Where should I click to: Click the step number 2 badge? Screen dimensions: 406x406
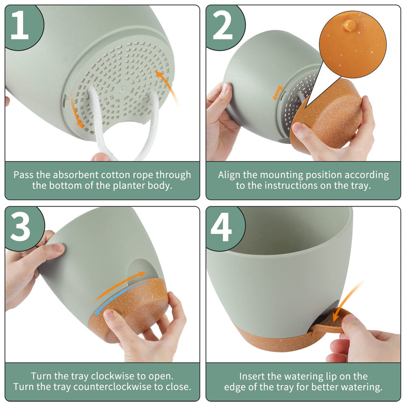point(224,26)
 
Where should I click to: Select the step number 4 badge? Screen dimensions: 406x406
point(224,228)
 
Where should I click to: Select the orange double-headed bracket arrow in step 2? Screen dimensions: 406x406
point(278,93)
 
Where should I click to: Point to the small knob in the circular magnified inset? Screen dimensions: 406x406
point(349,25)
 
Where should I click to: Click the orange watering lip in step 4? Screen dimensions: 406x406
point(329,322)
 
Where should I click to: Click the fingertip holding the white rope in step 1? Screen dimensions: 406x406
point(100,157)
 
